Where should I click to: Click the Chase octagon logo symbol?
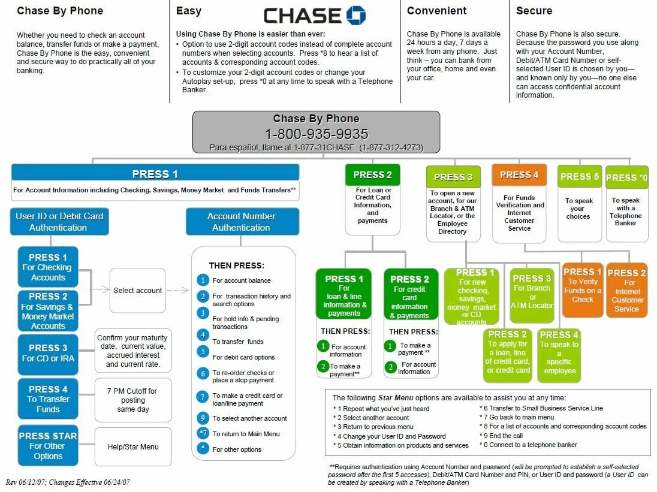(355, 16)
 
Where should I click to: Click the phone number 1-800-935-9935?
(317, 134)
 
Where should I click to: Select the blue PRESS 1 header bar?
(155, 174)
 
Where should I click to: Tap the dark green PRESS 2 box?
(372, 175)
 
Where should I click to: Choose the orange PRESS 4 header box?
(519, 175)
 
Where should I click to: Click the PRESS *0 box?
(626, 177)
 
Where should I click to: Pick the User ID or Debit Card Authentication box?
(59, 222)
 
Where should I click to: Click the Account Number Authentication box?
(242, 222)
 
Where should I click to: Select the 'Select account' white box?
(137, 291)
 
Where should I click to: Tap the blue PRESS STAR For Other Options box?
(48, 446)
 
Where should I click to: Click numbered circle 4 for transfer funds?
(203, 334)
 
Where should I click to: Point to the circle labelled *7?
(203, 433)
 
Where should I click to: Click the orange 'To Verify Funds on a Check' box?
(582, 289)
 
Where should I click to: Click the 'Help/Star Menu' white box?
(133, 446)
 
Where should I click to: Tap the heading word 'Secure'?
(534, 11)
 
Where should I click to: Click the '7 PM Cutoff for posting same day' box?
(133, 400)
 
